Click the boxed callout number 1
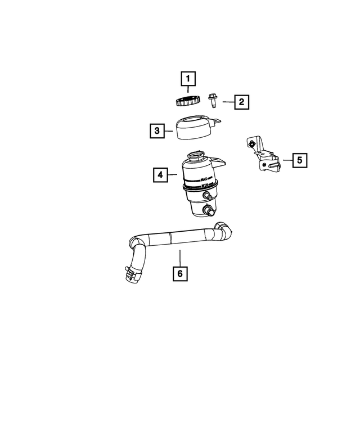click(x=188, y=79)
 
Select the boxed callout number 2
click(x=241, y=102)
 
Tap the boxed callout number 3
click(x=157, y=130)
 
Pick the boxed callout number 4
click(x=160, y=175)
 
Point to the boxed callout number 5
click(x=300, y=160)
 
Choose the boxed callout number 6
click(x=180, y=273)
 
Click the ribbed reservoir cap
click(x=188, y=100)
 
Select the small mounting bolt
click(x=213, y=101)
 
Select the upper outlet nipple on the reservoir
click(x=208, y=196)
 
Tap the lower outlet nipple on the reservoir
click(x=209, y=210)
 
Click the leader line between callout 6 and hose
click(x=180, y=258)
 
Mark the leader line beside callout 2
click(x=228, y=102)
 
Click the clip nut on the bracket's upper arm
click(x=252, y=144)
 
